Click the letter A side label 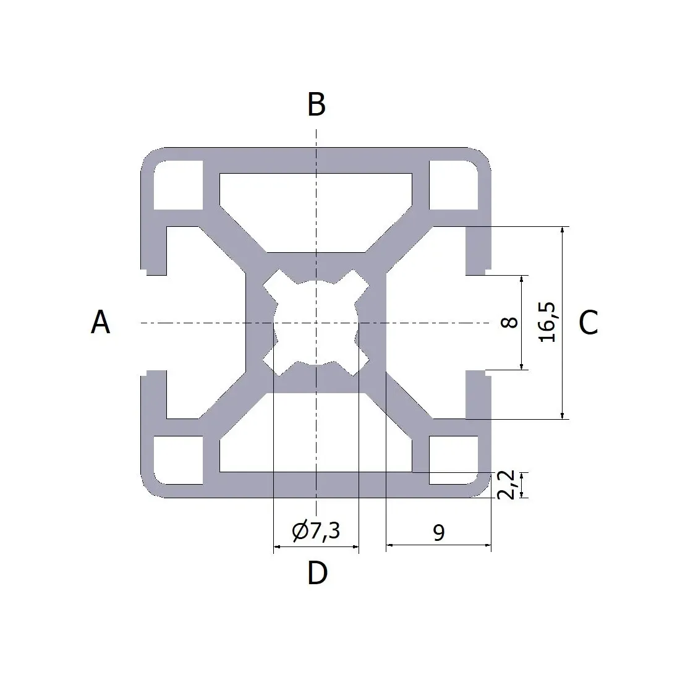101,322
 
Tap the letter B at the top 317,104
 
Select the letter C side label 589,323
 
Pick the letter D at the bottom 317,572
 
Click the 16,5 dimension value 547,322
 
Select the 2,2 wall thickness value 506,485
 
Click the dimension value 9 439,532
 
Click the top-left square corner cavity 178,185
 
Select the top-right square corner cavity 454,185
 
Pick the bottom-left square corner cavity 178,460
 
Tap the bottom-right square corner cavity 454,460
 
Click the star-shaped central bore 316,323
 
